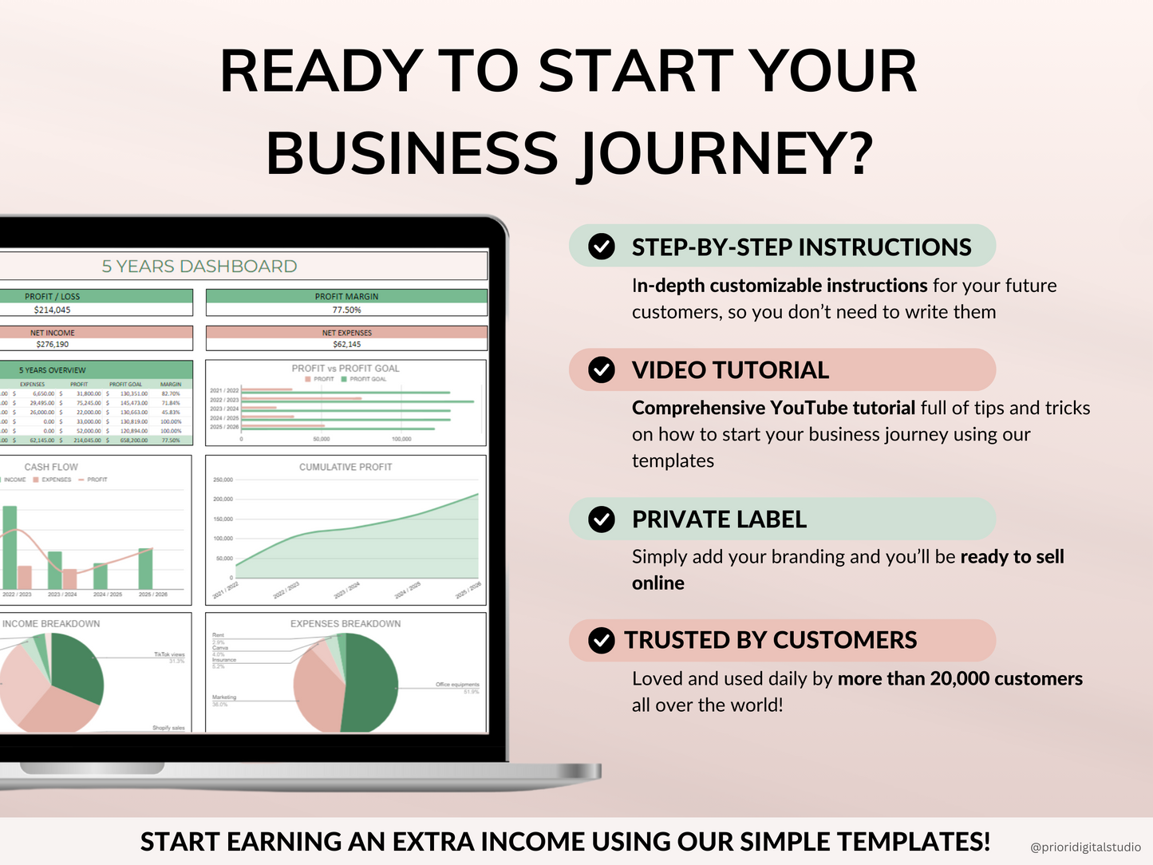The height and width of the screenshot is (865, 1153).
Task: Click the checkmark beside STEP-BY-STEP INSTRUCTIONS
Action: click(x=602, y=247)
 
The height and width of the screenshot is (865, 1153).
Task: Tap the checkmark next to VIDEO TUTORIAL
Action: click(x=602, y=369)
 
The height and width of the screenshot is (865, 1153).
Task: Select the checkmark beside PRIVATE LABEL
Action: click(x=602, y=519)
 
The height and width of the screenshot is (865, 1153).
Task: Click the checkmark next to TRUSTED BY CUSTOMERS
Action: click(x=602, y=640)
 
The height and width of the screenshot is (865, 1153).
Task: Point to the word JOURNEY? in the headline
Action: click(x=725, y=153)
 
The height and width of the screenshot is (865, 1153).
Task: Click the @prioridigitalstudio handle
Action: click(x=1085, y=847)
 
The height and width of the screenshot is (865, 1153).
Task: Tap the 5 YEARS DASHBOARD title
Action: click(x=199, y=267)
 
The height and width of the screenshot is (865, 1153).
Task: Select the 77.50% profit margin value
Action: click(x=346, y=310)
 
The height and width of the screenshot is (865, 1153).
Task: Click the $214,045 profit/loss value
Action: click(x=53, y=310)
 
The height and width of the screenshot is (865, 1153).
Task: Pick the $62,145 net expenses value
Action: click(x=346, y=344)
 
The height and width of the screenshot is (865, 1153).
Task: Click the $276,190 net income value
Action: click(x=53, y=344)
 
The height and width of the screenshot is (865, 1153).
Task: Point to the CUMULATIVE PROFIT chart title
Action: click(x=346, y=467)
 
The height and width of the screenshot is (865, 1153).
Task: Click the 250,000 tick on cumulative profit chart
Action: click(x=223, y=480)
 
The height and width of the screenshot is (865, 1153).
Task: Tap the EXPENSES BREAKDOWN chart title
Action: click(x=346, y=623)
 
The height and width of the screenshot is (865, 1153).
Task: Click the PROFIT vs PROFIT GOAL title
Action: click(x=346, y=368)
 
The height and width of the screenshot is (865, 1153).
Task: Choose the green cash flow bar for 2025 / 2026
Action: click(x=145, y=568)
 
